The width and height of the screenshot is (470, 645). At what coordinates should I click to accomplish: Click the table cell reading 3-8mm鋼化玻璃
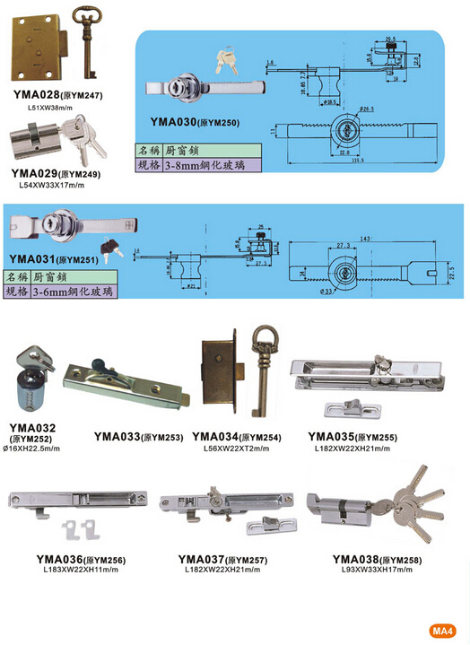coord(208,165)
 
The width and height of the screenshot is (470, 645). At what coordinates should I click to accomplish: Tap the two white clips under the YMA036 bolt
coord(83,530)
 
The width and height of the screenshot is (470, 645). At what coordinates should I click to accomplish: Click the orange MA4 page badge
coord(443,629)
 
